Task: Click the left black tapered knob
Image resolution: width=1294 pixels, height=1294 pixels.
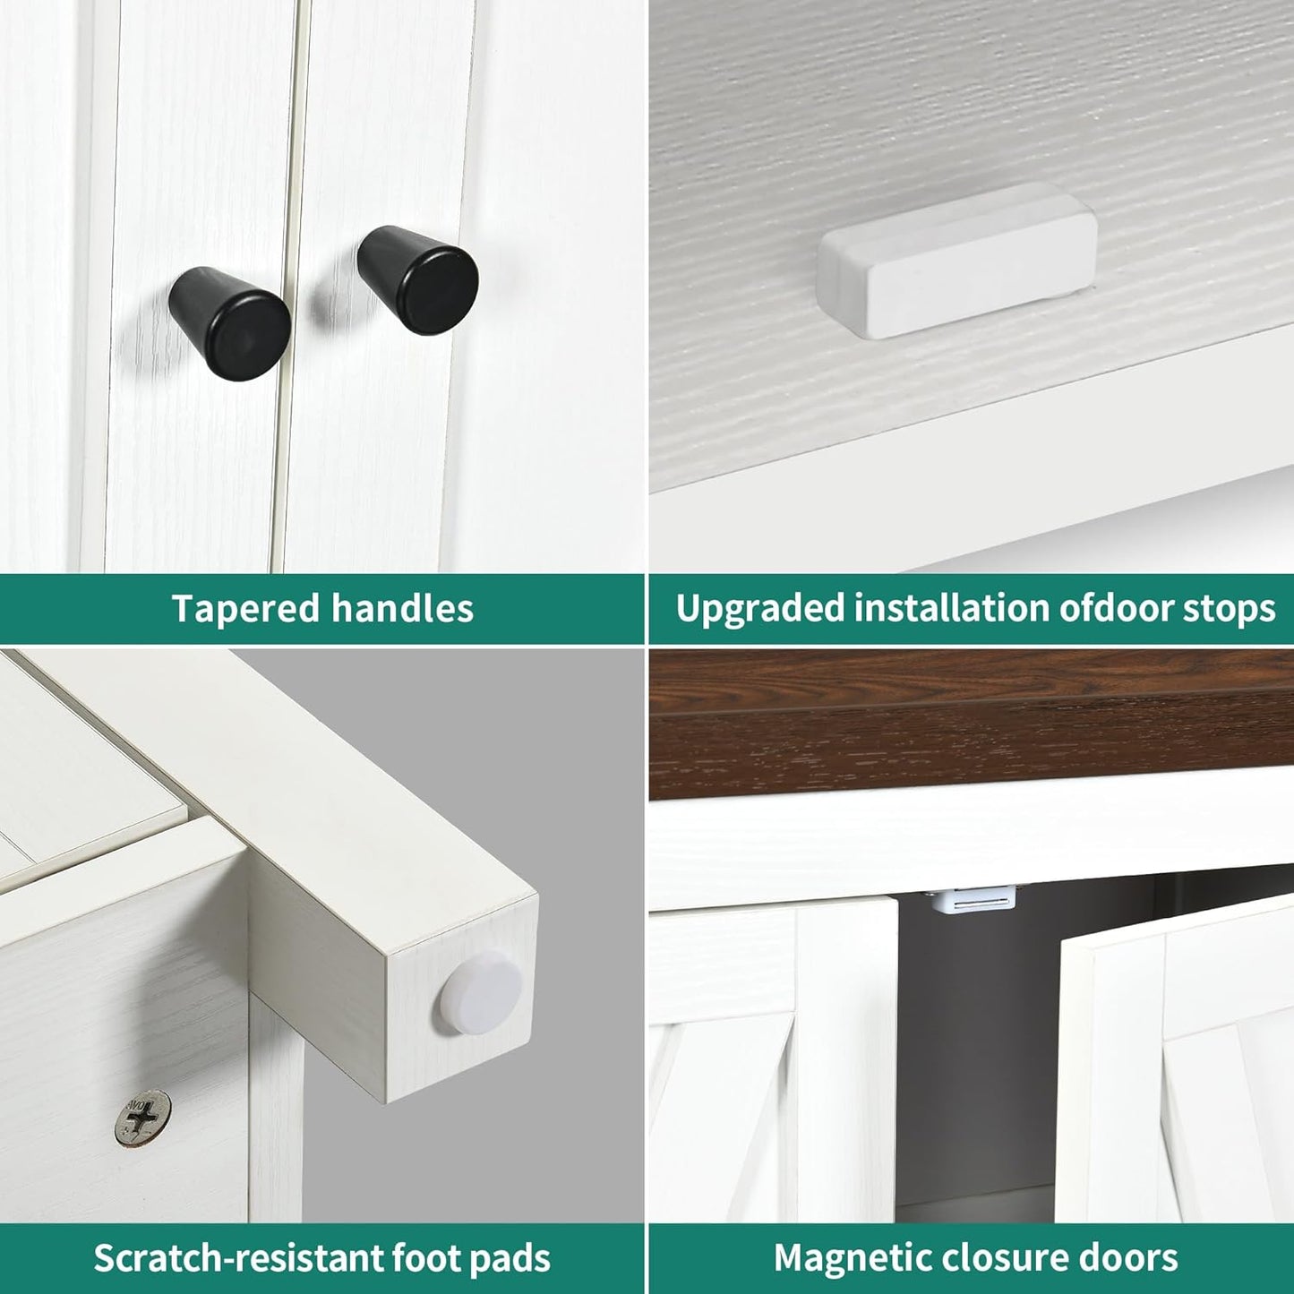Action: (x=228, y=323)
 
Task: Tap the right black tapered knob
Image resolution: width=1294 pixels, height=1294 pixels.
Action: (x=417, y=279)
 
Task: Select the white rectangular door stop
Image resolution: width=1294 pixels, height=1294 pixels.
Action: (x=956, y=260)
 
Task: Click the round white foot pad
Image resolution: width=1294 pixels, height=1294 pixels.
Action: (x=482, y=993)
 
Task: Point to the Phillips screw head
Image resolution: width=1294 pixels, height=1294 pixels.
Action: (x=142, y=1118)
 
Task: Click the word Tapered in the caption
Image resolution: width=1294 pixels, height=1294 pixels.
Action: (x=245, y=609)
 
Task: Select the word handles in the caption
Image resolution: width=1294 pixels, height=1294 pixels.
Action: (x=402, y=608)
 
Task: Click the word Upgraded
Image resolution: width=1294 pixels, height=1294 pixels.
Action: (x=758, y=609)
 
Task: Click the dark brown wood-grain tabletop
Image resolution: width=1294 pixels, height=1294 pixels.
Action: (x=971, y=724)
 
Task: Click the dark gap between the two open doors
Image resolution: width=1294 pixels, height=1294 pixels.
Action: (x=977, y=1048)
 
